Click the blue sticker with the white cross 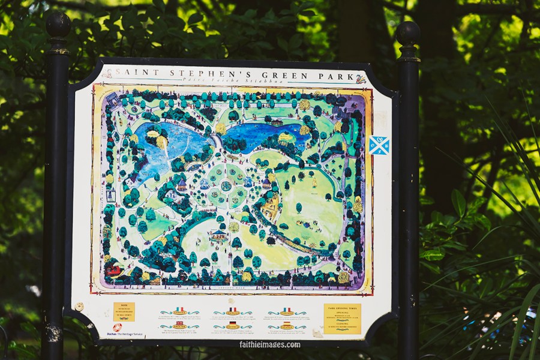coord(379,145)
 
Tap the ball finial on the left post coord(58,26)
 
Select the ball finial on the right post coord(408,34)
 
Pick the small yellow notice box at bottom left coord(124,311)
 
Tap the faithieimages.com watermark coord(269,344)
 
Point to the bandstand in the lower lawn coord(219,235)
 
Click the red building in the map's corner coord(113,270)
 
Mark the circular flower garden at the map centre coord(227,185)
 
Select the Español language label coord(286,326)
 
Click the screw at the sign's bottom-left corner coord(79,306)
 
